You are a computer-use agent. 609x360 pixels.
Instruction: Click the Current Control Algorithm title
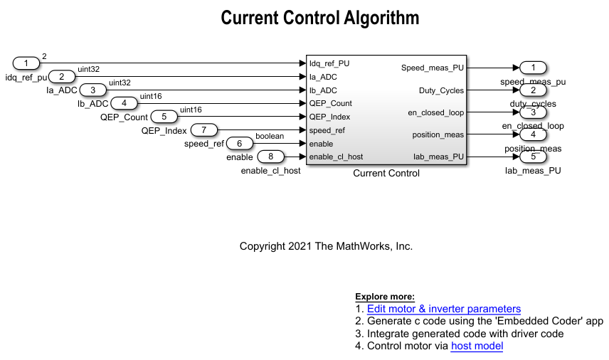click(320, 18)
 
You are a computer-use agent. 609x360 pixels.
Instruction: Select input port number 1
click(26, 63)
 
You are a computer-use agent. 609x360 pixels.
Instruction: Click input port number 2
click(62, 76)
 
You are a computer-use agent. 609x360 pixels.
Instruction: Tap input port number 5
click(164, 117)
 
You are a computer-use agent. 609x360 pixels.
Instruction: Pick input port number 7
click(204, 129)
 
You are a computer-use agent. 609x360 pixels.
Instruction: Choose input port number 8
click(270, 157)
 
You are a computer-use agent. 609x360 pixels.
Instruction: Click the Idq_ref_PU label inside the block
click(329, 63)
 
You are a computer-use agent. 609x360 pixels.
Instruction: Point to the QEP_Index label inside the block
click(329, 117)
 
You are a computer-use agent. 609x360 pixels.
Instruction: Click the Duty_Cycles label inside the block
click(441, 90)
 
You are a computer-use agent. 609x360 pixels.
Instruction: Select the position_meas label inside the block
click(438, 134)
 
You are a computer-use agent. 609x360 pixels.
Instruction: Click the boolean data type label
click(270, 136)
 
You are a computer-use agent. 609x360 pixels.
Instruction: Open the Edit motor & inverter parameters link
click(444, 309)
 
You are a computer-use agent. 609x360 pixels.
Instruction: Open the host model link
click(477, 346)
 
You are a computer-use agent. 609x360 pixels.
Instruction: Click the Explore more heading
click(385, 297)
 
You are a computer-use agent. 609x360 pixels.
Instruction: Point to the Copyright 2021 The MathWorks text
click(326, 246)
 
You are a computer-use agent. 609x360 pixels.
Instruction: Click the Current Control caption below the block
click(386, 173)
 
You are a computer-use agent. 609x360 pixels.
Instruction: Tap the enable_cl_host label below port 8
click(271, 171)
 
